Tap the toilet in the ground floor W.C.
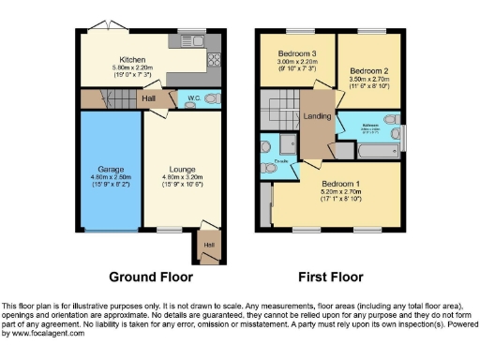coord(214,97)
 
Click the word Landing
coord(318,115)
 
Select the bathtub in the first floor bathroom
coord(379,149)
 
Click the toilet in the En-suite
coord(267,145)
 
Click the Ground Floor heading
coord(151,277)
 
